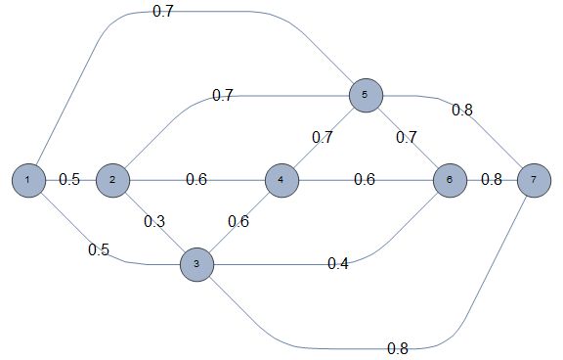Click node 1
pyautogui.click(x=29, y=180)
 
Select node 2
pyautogui.click(x=113, y=180)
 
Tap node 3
pyautogui.click(x=196, y=264)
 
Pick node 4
pyautogui.click(x=281, y=180)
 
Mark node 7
pyautogui.click(x=534, y=180)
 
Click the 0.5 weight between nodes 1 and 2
pyautogui.click(x=69, y=180)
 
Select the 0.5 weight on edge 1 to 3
pyautogui.click(x=99, y=248)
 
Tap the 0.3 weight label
pyautogui.click(x=154, y=221)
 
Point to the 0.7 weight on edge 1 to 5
pyautogui.click(x=163, y=13)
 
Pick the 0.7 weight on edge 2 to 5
pyautogui.click(x=223, y=96)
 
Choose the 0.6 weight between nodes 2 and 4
pyautogui.click(x=196, y=180)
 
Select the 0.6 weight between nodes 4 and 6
pyautogui.click(x=365, y=180)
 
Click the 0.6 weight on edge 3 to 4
pyautogui.click(x=238, y=221)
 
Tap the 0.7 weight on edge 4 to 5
pyautogui.click(x=323, y=137)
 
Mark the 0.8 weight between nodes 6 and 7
pyautogui.click(x=492, y=180)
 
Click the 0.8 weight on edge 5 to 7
pyautogui.click(x=461, y=109)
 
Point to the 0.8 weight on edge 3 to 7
pyautogui.click(x=398, y=347)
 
